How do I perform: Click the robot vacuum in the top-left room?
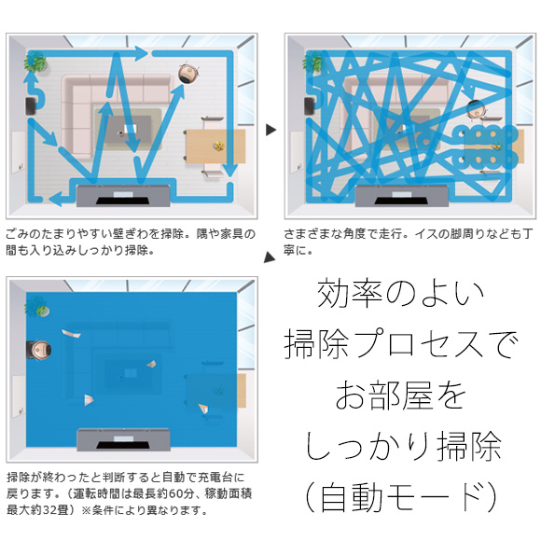click(x=188, y=73)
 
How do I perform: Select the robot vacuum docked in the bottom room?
click(x=40, y=350)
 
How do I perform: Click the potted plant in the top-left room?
click(x=35, y=62)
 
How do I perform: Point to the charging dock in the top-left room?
click(x=31, y=106)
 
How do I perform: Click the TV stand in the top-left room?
click(x=123, y=196)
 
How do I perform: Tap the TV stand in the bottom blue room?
click(x=123, y=439)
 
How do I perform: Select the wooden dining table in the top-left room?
click(x=215, y=146)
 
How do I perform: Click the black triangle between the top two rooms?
click(x=271, y=130)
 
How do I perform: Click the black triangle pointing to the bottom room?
click(x=270, y=257)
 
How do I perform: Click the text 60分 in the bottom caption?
click(x=181, y=493)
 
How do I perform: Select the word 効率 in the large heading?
click(x=350, y=294)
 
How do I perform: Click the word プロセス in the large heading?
click(x=421, y=343)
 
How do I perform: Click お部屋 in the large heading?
click(x=384, y=395)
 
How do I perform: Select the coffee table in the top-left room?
click(x=128, y=130)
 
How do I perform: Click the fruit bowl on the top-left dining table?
click(x=218, y=146)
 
